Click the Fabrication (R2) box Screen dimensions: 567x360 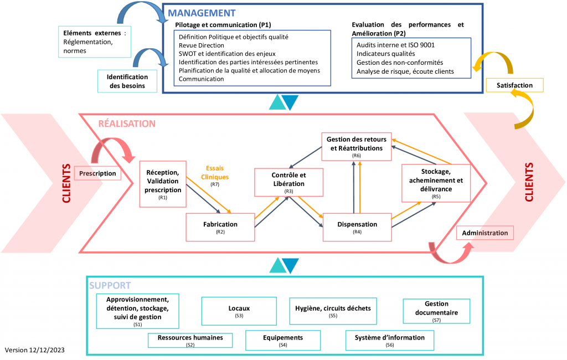pyautogui.click(x=220, y=227)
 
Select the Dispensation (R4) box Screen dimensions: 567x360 pyautogui.click(x=357, y=227)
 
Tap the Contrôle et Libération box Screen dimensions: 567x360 pyautogui.click(x=288, y=182)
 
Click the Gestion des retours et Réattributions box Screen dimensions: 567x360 pyautogui.click(x=357, y=147)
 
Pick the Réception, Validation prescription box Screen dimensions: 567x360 pyautogui.click(x=163, y=184)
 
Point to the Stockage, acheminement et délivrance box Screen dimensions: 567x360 pyautogui.click(x=436, y=183)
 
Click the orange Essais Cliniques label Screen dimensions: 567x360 pyautogui.click(x=215, y=173)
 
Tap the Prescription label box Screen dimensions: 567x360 pyautogui.click(x=97, y=173)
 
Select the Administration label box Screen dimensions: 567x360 pyautogui.click(x=485, y=233)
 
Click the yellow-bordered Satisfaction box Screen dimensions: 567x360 pyautogui.click(x=514, y=85)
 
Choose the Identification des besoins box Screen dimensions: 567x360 pyautogui.click(x=127, y=81)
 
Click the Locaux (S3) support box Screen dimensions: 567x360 pyautogui.click(x=239, y=311)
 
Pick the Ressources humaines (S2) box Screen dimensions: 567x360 pyautogui.click(x=190, y=341)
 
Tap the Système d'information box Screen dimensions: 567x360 pyautogui.click(x=389, y=341)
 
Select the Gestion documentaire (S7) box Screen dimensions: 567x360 pyautogui.click(x=436, y=311)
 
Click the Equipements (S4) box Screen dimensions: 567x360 pyautogui.click(x=283, y=341)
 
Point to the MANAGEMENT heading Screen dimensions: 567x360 pyautogui.click(x=202, y=13)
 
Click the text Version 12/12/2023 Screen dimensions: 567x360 pyautogui.click(x=35, y=350)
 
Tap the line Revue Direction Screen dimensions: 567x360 pyautogui.click(x=202, y=45)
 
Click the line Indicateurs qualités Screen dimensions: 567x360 pyautogui.click(x=386, y=54)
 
